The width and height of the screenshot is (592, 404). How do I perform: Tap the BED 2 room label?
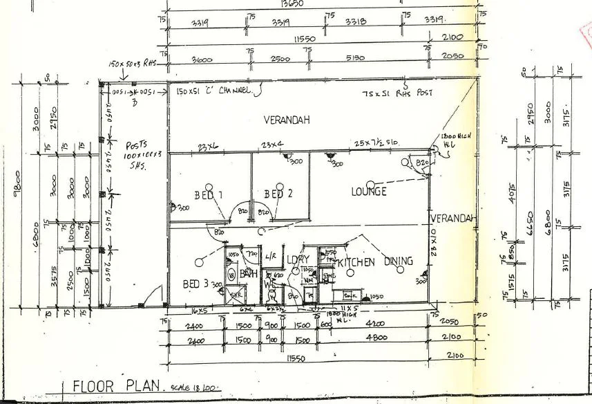[x=274, y=194]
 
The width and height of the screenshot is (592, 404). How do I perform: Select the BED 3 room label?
[x=196, y=284]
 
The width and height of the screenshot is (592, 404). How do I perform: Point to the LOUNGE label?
[x=367, y=191]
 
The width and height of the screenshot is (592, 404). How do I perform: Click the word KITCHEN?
[x=356, y=262]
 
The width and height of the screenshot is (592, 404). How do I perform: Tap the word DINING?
[x=399, y=261]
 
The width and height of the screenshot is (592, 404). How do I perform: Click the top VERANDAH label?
[x=286, y=120]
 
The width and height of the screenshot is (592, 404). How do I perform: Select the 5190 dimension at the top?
[x=368, y=59]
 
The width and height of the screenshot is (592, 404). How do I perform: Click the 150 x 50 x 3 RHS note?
[x=133, y=64]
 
